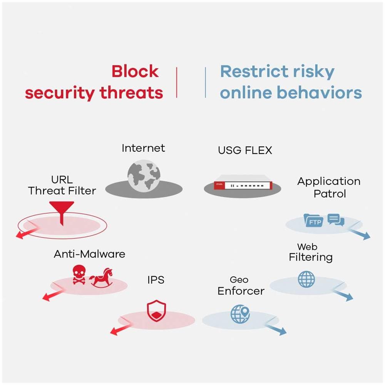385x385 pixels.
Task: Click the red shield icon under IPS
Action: point(156,311)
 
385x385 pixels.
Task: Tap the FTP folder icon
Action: point(313,221)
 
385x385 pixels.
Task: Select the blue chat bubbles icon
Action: point(335,220)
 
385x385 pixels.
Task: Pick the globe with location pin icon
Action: point(240,314)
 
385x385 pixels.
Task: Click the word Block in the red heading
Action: point(135,72)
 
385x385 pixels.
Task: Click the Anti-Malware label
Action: point(89,254)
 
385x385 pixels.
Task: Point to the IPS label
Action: point(156,280)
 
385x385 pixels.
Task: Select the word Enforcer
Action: point(241,291)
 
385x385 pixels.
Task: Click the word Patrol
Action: point(330,193)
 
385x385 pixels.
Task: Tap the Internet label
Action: point(143,148)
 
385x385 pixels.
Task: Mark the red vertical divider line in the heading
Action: point(177,82)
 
